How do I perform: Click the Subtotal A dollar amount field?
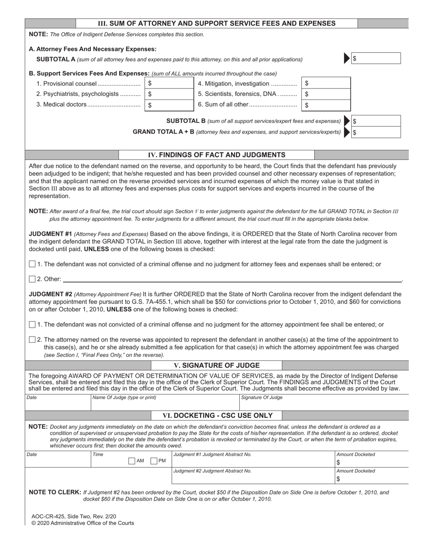click(x=376, y=58)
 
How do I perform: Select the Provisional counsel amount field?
click(x=169, y=83)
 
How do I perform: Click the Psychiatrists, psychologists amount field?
click(x=169, y=94)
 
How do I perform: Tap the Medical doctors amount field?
click(x=169, y=105)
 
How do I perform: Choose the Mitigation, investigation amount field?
click(x=326, y=83)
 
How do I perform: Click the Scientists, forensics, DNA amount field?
click(x=326, y=94)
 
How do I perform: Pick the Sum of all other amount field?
click(x=326, y=105)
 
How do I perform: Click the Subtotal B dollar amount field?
click(x=376, y=121)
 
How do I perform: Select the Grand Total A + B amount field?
click(x=376, y=132)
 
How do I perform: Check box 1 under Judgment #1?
click(x=32, y=264)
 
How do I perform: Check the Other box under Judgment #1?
click(x=32, y=279)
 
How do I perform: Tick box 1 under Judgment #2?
click(x=32, y=325)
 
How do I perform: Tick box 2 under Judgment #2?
click(x=32, y=340)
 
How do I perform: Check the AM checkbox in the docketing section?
click(x=132, y=461)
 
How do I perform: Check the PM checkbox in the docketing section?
click(x=154, y=461)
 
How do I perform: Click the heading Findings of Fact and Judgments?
click(x=216, y=155)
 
